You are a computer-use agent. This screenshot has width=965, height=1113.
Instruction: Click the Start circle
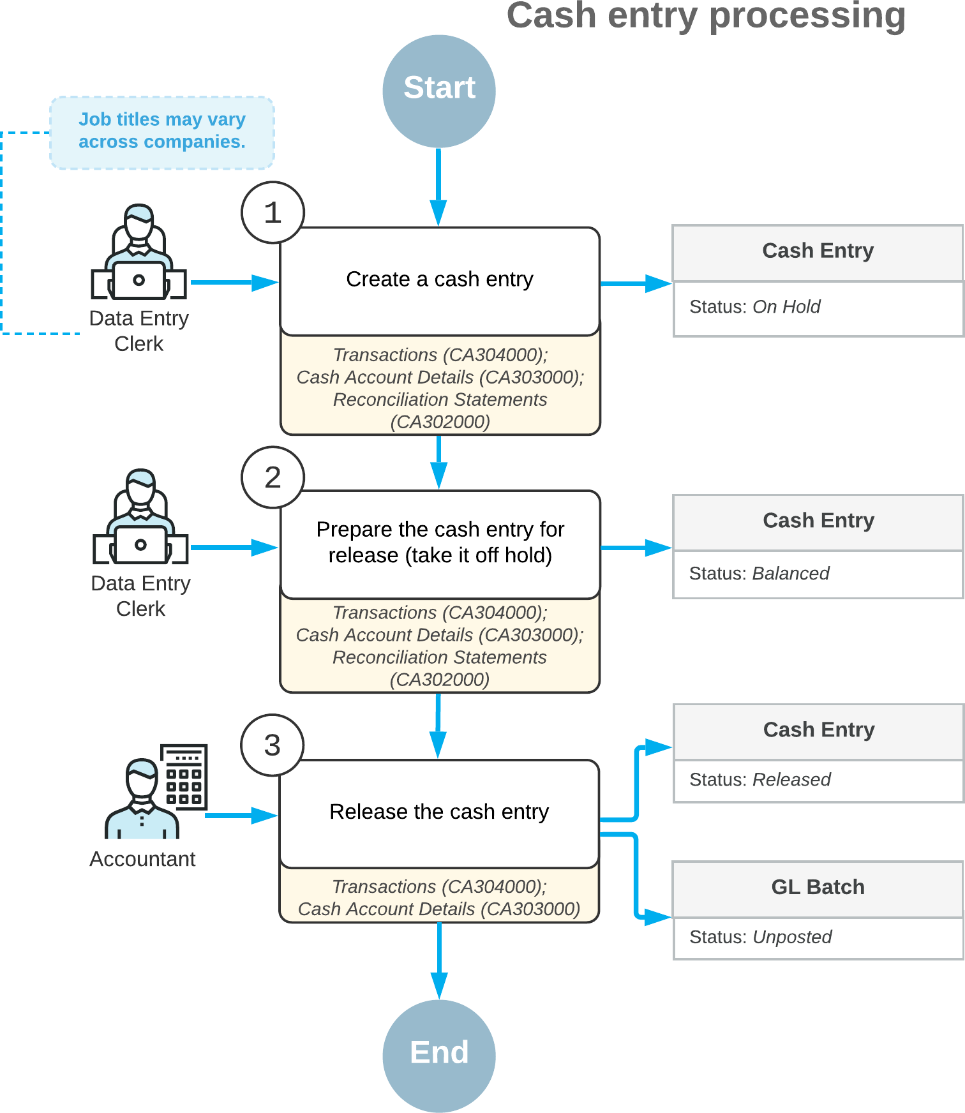tap(439, 91)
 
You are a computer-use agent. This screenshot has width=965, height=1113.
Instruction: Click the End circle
tap(439, 1056)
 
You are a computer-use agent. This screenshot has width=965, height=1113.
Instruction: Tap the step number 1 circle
tap(273, 213)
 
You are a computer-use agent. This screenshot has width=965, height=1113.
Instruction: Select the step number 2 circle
tap(273, 477)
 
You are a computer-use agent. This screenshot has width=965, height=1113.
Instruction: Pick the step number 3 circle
tap(273, 745)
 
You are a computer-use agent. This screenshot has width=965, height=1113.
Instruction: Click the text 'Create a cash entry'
tap(439, 279)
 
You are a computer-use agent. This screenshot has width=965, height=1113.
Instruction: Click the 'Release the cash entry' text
tap(439, 812)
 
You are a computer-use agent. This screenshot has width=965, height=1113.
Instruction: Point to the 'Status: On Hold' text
tap(754, 307)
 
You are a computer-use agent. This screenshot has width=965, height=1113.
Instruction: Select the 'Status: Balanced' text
tap(759, 573)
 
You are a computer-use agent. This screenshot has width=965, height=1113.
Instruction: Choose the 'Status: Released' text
tap(759, 779)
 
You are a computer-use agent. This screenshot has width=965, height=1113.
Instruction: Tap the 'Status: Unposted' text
tap(760, 937)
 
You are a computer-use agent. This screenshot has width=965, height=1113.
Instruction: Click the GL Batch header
tap(818, 888)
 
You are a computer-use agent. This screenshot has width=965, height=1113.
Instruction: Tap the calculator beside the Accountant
tap(184, 776)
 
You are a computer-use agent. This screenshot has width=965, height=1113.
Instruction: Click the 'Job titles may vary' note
tap(162, 131)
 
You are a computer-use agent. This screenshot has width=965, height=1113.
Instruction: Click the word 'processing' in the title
tap(807, 16)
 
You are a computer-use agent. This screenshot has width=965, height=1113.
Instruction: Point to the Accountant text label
tap(142, 859)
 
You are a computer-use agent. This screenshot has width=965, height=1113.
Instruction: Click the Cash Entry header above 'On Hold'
tap(818, 251)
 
